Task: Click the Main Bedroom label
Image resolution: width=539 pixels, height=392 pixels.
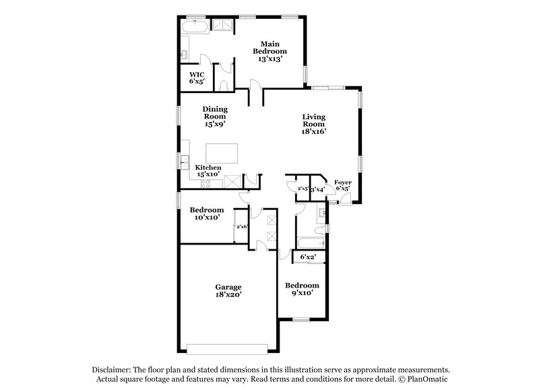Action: (x=269, y=51)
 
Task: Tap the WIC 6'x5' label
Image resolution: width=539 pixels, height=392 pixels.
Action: (x=196, y=77)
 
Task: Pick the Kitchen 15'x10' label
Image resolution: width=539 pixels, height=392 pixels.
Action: (x=208, y=170)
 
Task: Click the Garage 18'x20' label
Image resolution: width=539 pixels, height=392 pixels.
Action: (x=228, y=290)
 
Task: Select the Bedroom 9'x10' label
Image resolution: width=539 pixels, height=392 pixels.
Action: (x=301, y=290)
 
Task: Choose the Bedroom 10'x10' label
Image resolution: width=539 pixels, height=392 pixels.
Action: (x=203, y=213)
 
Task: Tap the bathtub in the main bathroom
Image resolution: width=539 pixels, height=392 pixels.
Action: (x=195, y=26)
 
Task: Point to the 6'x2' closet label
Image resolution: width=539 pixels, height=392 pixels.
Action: (x=308, y=257)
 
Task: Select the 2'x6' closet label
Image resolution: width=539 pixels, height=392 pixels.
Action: (x=241, y=226)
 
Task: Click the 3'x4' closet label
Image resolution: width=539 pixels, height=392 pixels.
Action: (x=317, y=189)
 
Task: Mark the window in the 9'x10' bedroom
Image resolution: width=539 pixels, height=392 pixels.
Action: (x=301, y=319)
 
